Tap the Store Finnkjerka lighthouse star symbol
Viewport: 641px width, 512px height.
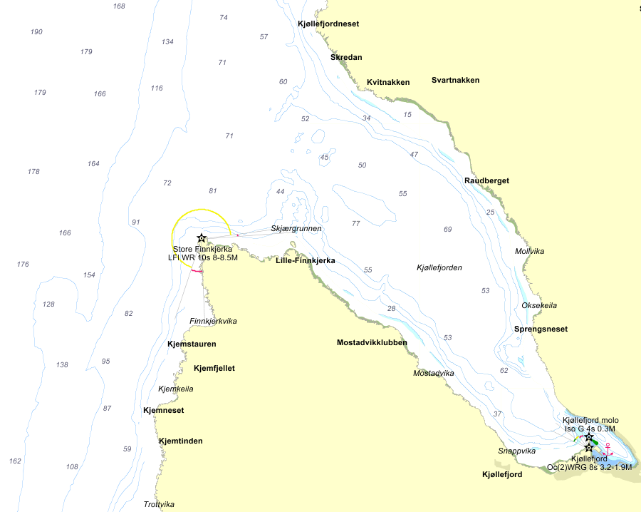[202, 237]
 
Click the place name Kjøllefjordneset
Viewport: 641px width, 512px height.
[328, 24]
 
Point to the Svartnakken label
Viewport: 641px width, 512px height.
[455, 80]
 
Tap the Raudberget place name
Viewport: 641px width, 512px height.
[486, 180]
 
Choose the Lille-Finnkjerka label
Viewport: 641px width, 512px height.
[305, 261]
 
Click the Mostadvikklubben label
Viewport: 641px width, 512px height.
[372, 342]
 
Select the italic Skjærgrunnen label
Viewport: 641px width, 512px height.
[296, 228]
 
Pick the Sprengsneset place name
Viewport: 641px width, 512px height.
[541, 329]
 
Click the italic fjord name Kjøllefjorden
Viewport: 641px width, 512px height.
[439, 267]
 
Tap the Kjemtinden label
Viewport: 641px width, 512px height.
[180, 441]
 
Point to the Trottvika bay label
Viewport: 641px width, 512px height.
[159, 504]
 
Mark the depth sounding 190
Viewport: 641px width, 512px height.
[36, 32]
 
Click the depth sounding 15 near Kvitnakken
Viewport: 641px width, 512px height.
[407, 114]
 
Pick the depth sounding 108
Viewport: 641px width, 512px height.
[72, 467]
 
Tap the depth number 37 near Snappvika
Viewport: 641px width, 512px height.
[497, 414]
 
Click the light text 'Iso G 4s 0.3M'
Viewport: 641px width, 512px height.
[589, 429]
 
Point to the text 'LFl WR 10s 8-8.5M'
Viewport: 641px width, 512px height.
[198, 257]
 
